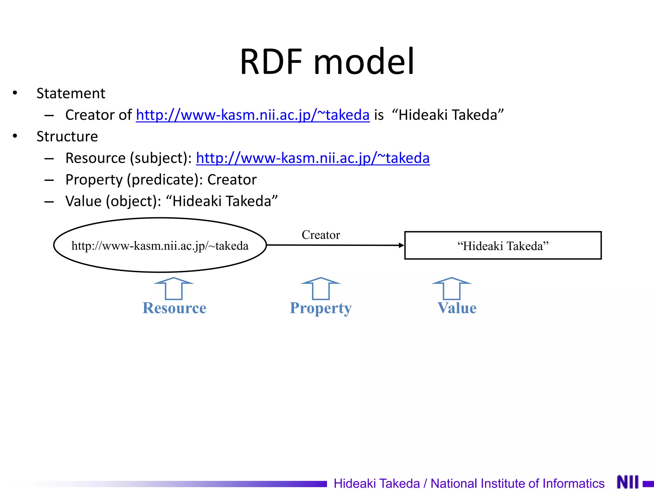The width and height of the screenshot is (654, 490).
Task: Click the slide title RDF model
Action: coord(327,61)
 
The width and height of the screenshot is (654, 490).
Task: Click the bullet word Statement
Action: coord(71,93)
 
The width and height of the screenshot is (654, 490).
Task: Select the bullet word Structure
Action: coord(67,137)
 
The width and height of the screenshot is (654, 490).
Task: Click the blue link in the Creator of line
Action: coord(253,115)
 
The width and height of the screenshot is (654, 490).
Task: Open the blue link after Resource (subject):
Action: coord(313,158)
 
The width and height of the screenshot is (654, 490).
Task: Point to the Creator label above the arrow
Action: coord(321,235)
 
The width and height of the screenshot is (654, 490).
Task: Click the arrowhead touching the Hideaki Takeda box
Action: coord(401,245)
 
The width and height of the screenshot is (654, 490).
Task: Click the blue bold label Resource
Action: coord(174,308)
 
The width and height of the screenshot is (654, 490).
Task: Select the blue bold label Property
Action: coord(321,308)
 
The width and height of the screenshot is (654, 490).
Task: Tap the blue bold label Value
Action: coord(457,308)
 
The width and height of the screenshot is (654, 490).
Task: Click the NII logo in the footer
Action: coord(628,482)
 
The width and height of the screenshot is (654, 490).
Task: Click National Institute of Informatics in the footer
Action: coord(517,483)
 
